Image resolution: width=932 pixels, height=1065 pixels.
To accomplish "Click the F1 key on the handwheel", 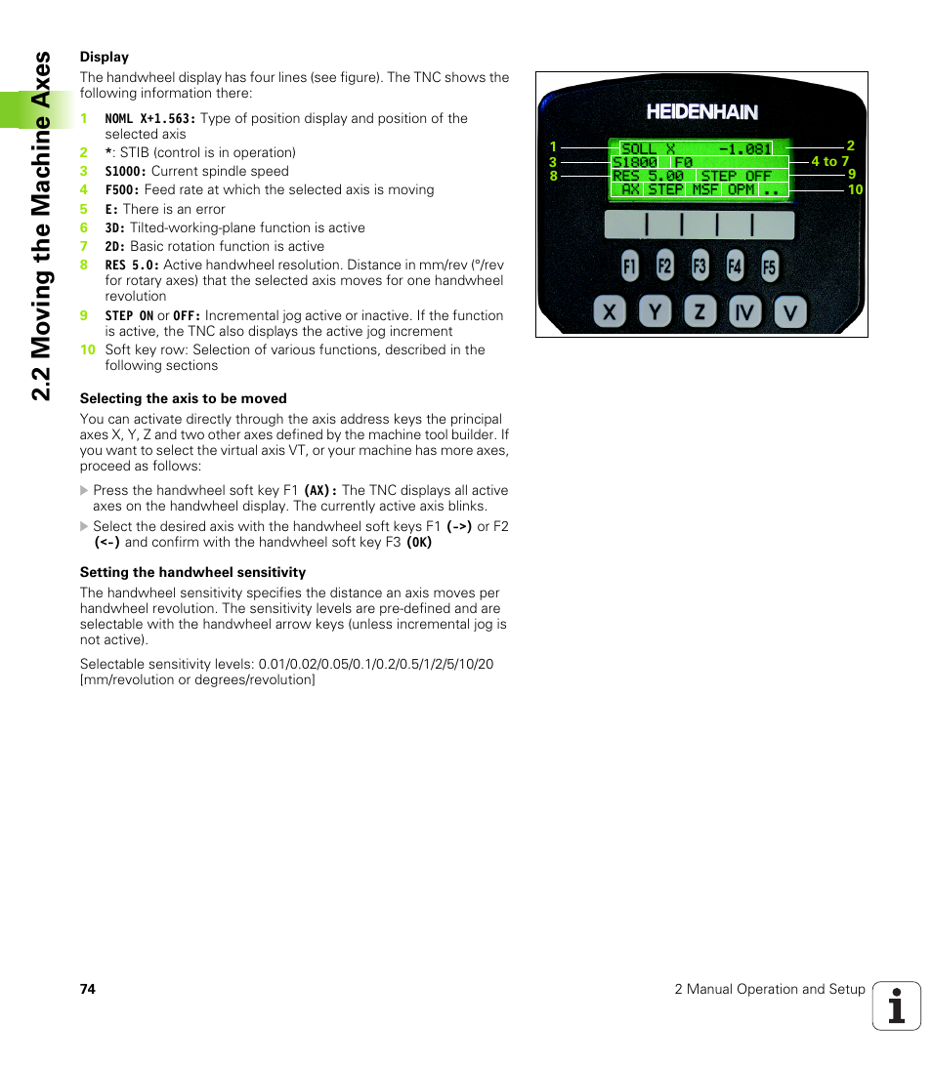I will pos(629,266).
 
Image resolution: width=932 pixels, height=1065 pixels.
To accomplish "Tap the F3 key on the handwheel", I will pos(699,266).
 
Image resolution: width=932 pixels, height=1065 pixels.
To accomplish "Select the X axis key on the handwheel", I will pos(610,312).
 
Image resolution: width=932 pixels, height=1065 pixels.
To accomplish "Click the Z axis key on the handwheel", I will pos(699,312).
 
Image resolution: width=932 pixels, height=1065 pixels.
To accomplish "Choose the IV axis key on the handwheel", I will pos(745,312).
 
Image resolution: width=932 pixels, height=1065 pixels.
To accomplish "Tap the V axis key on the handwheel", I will pos(790,312).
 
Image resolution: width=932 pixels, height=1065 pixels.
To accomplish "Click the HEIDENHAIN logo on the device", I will pos(701,111).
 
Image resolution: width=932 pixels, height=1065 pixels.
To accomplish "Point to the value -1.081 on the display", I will pos(744,149).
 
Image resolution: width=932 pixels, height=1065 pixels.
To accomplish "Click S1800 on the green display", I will pos(635,163).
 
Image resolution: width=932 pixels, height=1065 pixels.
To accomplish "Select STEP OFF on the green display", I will pos(736,177).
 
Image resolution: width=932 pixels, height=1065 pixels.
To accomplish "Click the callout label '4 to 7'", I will pos(830,161).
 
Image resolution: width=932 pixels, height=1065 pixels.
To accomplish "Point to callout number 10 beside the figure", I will pos(855,189).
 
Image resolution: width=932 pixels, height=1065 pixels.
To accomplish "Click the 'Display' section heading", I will pos(105,57).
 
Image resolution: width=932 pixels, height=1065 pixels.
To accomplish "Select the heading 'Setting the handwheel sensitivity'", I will pos(192,572).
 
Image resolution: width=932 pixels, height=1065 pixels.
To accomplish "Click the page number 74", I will pos(88,989).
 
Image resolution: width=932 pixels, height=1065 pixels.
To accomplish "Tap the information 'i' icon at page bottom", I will pos(897,1005).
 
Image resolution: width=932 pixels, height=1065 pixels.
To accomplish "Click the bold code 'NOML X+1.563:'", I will pos(150,118).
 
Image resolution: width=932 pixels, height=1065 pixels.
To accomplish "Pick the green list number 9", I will pos(84,315).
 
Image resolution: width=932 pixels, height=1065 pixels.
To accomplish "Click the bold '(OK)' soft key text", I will pos(419,542).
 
